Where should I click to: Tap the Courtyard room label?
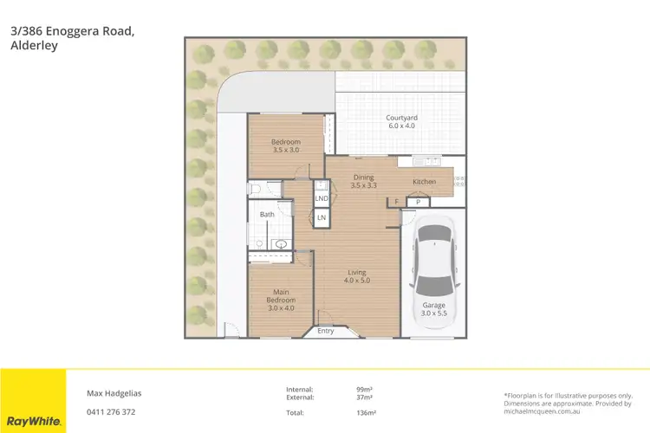tap(401, 118)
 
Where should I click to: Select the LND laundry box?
tap(322, 198)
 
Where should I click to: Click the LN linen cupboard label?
tap(322, 216)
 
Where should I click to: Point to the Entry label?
tap(326, 331)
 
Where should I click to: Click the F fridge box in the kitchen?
tap(397, 202)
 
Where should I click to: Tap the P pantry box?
tap(418, 202)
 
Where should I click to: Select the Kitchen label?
tap(424, 182)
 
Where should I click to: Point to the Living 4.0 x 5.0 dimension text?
tap(356, 280)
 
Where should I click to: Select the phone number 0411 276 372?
tap(111, 412)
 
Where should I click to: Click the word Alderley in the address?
tap(34, 46)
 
